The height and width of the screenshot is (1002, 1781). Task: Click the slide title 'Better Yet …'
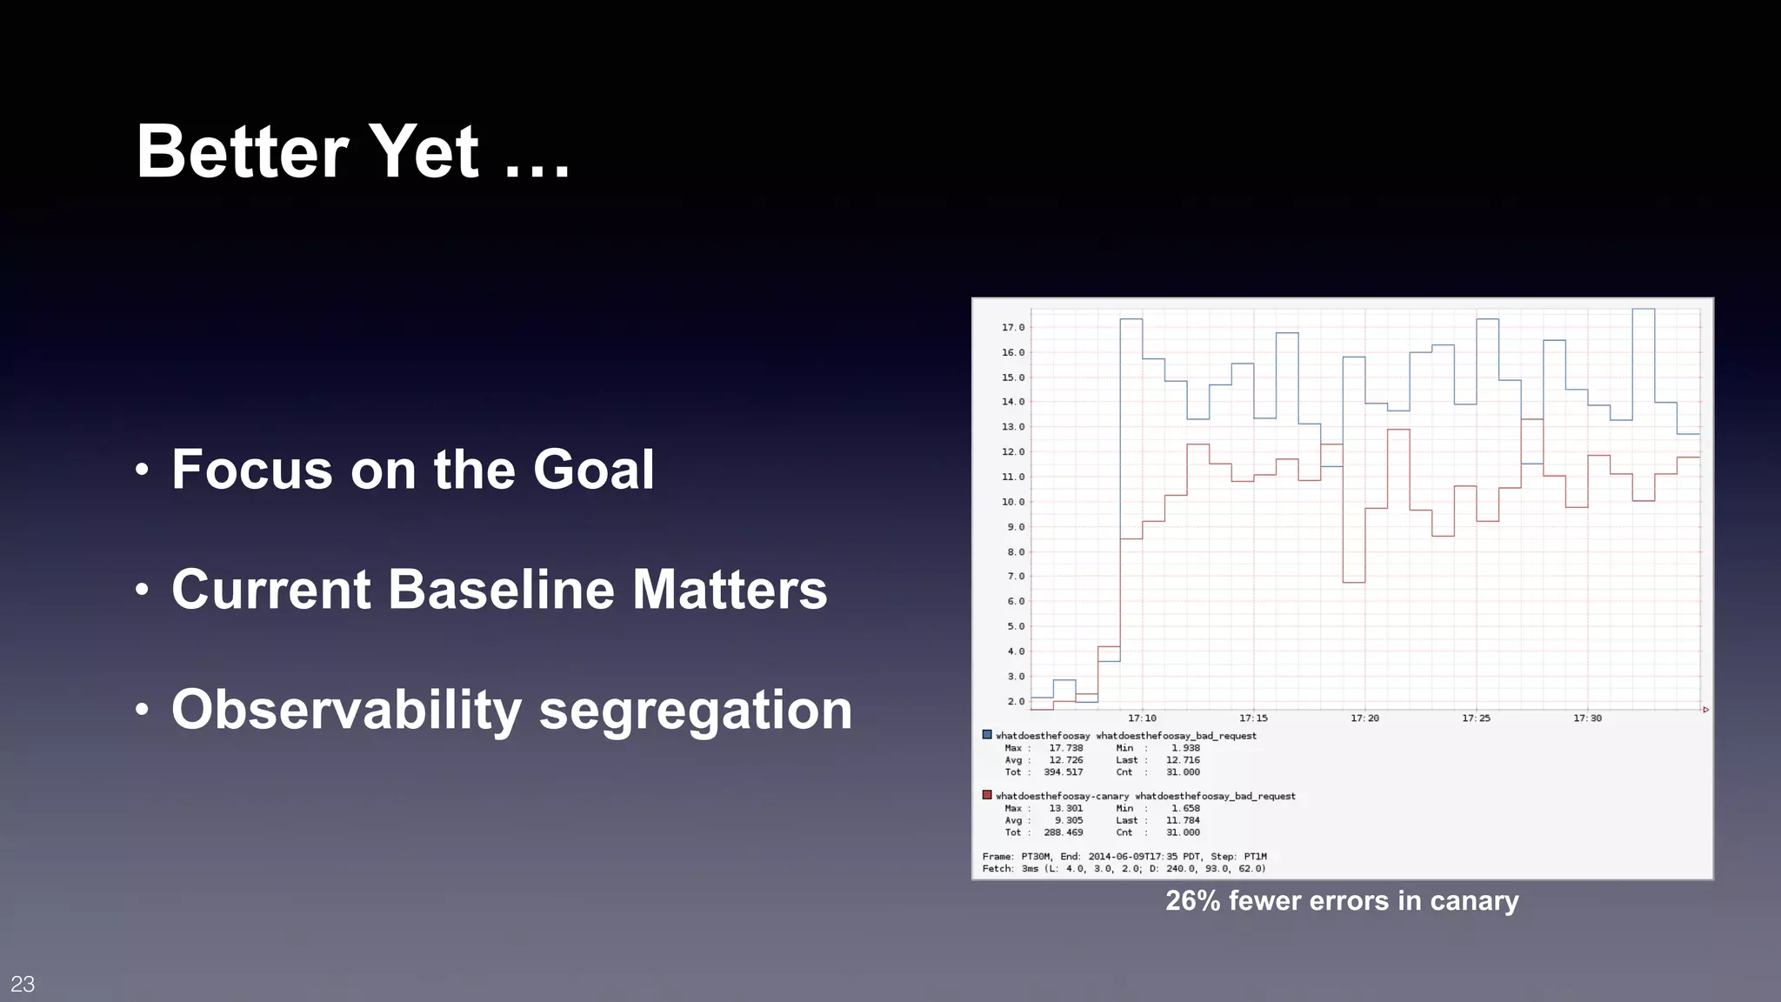coord(352,151)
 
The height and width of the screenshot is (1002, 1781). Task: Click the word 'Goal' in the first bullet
coord(593,470)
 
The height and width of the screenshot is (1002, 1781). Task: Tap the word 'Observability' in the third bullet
coord(345,710)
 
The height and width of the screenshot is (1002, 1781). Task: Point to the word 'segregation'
coord(695,710)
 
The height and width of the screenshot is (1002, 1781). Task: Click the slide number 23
coord(23,984)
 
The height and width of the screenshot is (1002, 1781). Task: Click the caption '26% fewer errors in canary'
coord(1342,900)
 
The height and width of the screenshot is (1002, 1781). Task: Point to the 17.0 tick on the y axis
coord(1013,328)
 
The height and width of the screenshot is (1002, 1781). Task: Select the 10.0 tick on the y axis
coord(1013,502)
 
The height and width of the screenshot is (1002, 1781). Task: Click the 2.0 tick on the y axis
coord(1016,701)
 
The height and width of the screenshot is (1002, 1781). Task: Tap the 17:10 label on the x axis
coord(1142,718)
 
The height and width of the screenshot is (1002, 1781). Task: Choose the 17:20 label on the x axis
coord(1364,718)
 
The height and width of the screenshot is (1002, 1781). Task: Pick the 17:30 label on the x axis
coord(1587,718)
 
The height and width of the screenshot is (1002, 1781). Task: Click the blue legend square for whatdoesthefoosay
coord(987,735)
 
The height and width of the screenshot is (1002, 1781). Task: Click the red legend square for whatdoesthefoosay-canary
coord(987,795)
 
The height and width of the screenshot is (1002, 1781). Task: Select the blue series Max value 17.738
coord(1065,748)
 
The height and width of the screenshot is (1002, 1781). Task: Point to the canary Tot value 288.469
coord(1063,832)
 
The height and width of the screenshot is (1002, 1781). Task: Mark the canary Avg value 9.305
coord(1068,820)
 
